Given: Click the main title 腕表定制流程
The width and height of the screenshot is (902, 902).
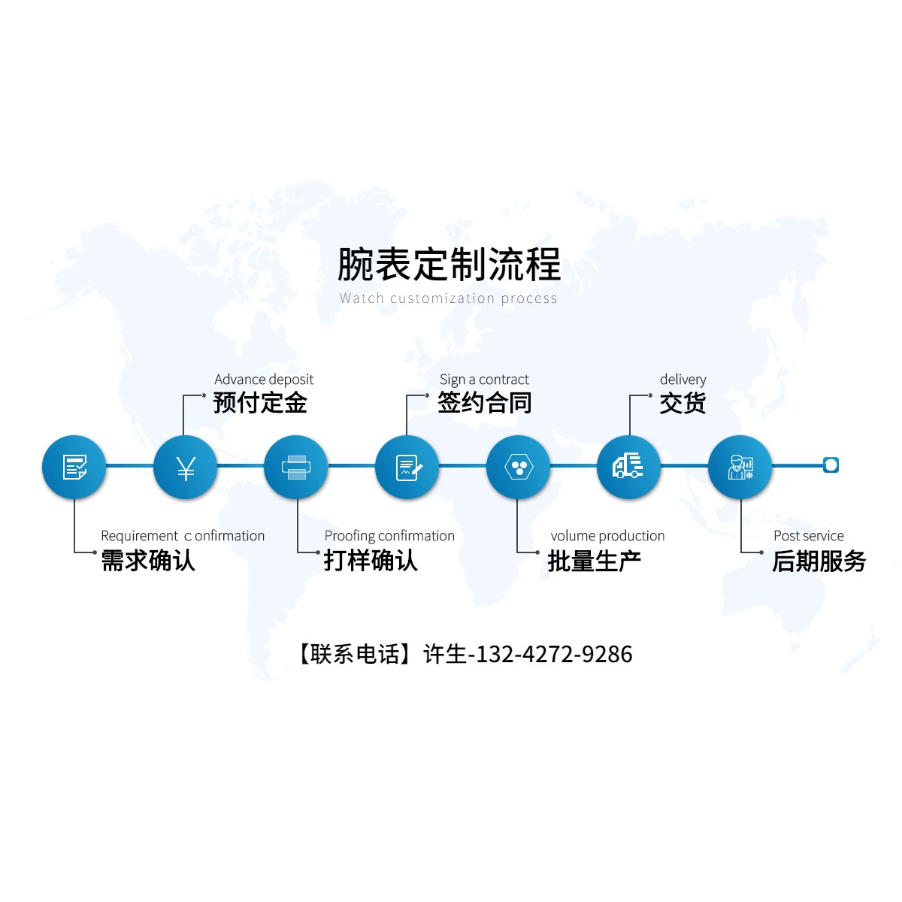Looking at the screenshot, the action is tap(449, 265).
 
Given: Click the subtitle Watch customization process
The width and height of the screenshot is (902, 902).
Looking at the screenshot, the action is tap(449, 298).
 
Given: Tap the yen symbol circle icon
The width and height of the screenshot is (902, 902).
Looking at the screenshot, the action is tap(186, 467).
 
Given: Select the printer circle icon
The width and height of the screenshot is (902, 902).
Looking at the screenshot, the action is tap(296, 467).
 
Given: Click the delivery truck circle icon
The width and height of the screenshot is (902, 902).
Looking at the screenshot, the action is tap(628, 467).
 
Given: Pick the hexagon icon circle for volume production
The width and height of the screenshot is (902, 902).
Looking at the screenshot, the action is tap(518, 467).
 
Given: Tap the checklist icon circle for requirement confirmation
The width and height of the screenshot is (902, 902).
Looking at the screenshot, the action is tap(74, 467).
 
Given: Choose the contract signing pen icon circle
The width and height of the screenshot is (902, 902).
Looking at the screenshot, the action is tap(407, 467).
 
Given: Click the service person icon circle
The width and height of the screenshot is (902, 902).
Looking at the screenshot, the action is tap(740, 467).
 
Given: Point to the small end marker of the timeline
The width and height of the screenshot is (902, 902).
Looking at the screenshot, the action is tap(831, 465).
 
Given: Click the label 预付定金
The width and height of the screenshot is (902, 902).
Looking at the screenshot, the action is tap(260, 403).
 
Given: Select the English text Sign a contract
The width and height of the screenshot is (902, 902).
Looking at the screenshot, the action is tap(484, 380).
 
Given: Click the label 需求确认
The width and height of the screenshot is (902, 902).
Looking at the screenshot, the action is tap(148, 560).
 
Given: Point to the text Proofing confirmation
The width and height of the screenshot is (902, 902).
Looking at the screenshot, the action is tap(389, 535).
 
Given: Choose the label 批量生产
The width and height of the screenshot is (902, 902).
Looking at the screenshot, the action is tap(595, 561).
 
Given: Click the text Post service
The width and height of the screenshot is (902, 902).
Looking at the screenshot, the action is tap(809, 535).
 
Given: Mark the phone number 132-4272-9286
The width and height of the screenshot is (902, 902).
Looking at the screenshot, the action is tap(554, 654).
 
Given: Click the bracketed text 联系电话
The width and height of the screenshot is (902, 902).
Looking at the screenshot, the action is tap(356, 654).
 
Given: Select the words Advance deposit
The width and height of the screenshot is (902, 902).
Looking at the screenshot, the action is tap(264, 380).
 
